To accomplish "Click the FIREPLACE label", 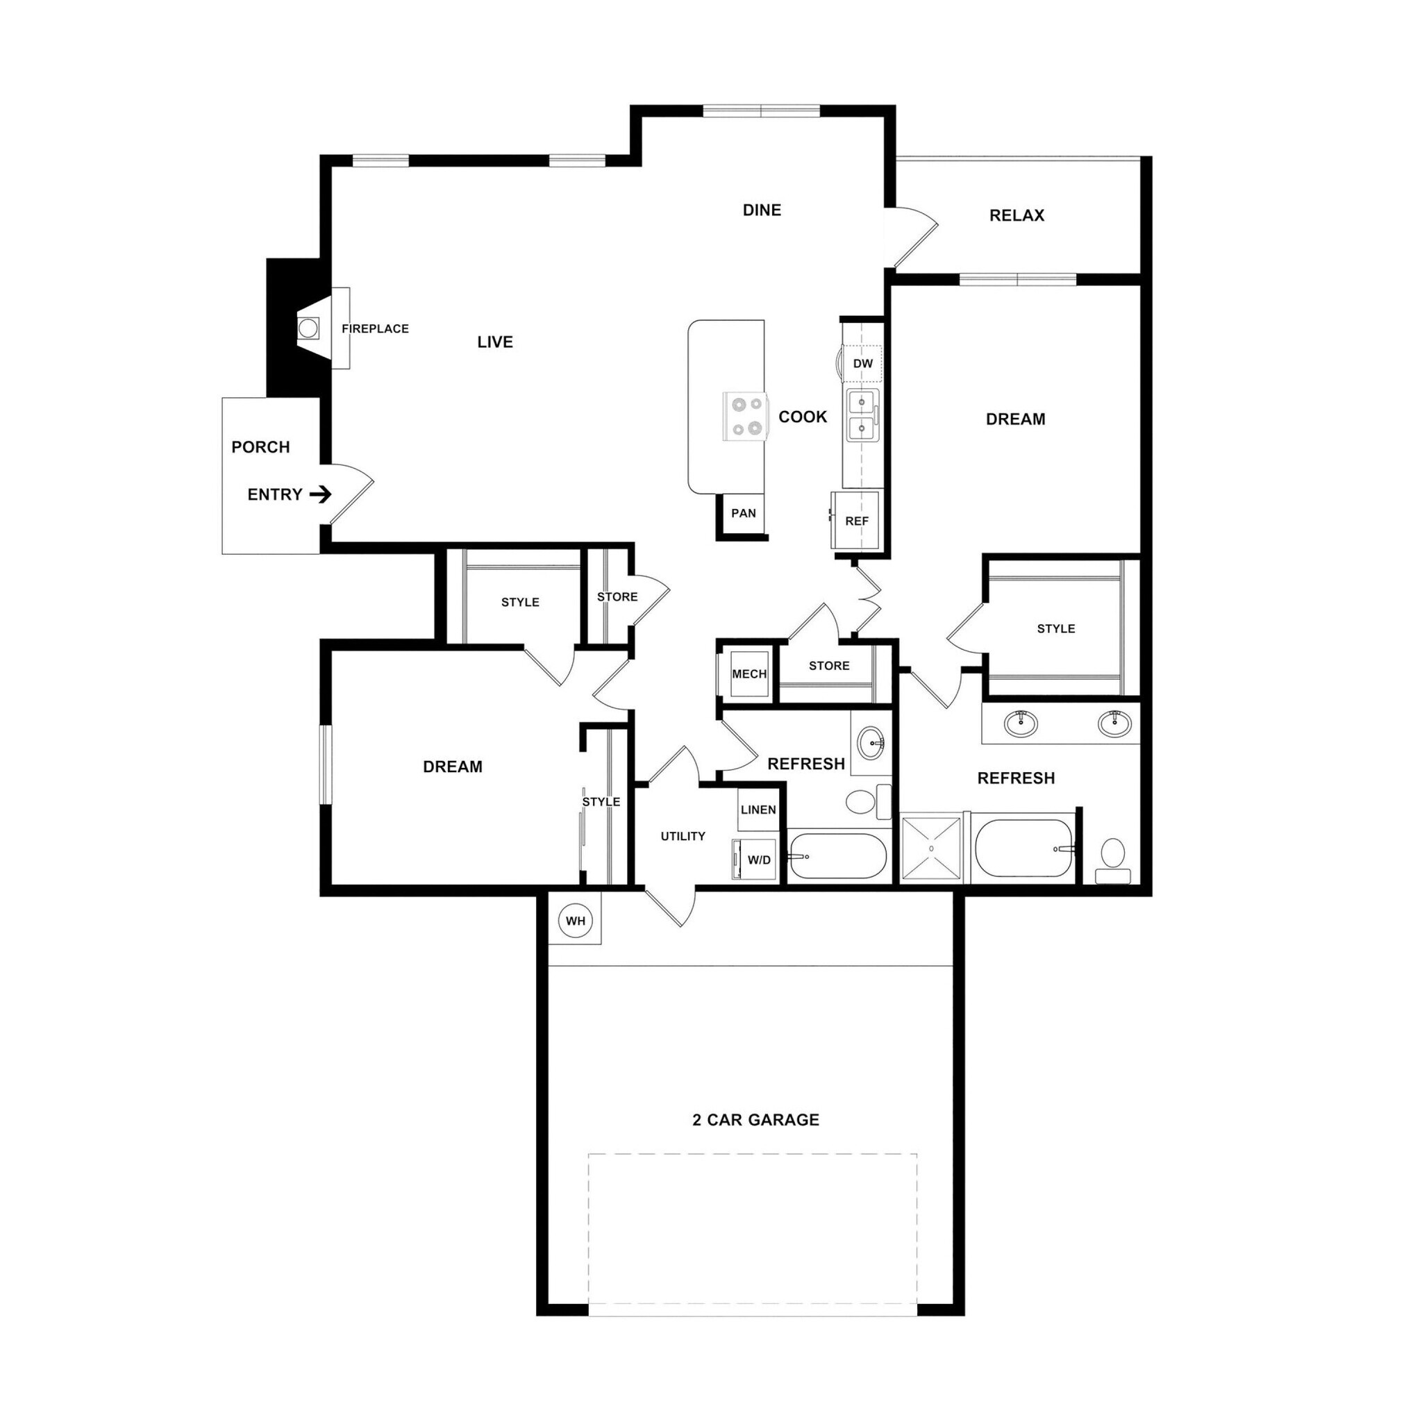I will pyautogui.click(x=375, y=329).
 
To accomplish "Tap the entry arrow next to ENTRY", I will pyautogui.click(x=320, y=494).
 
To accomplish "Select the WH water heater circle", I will pyautogui.click(x=576, y=921).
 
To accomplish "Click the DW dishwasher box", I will pyautogui.click(x=862, y=364).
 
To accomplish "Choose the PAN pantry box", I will pyautogui.click(x=744, y=514).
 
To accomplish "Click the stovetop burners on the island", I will pyautogui.click(x=745, y=416).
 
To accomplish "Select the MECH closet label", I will pyautogui.click(x=749, y=674).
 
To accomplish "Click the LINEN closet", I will pyautogui.click(x=758, y=810).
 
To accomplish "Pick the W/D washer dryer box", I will pyautogui.click(x=758, y=860).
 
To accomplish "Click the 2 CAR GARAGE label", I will pyautogui.click(x=756, y=1119).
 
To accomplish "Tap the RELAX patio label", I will pyautogui.click(x=1017, y=216).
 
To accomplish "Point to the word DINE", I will pyautogui.click(x=762, y=210).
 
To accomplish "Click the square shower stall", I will pyautogui.click(x=931, y=848).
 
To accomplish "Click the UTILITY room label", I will pyautogui.click(x=683, y=836).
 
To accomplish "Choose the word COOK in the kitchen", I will pyautogui.click(x=802, y=417).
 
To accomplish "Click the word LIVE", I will pyautogui.click(x=494, y=342).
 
